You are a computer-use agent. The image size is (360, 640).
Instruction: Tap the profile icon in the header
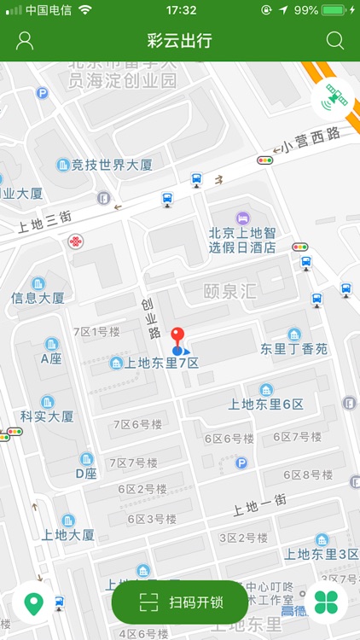point(25,41)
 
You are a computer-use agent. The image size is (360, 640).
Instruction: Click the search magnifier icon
point(335,41)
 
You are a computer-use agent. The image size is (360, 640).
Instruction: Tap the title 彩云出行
point(179,41)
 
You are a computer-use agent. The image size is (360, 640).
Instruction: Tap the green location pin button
point(33,604)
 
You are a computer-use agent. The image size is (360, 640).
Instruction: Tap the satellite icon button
point(333,100)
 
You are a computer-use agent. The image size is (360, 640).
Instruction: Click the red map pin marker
point(177,336)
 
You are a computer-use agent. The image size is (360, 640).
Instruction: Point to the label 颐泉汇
point(229,291)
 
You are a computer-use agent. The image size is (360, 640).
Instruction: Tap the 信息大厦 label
point(38,298)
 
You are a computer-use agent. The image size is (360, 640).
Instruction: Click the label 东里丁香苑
point(293,348)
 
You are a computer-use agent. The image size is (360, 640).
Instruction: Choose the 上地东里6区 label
point(266,404)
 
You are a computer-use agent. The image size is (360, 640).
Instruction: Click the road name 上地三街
point(44,221)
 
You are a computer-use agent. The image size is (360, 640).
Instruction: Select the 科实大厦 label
point(47,416)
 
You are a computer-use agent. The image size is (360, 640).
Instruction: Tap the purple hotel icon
point(243,217)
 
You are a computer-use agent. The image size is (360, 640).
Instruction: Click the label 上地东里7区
point(162,363)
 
